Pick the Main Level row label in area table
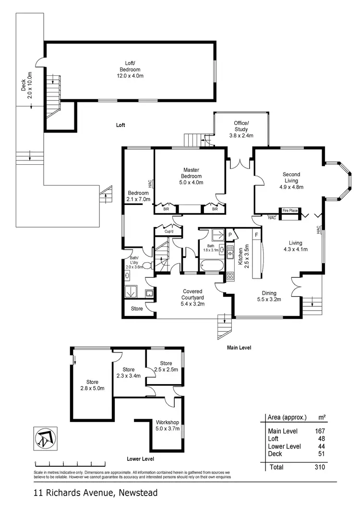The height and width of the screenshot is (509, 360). point(283,431)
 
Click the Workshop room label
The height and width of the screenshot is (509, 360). point(168,425)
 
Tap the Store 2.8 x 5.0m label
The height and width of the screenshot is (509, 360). point(92,385)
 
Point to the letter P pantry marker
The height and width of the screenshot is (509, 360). point(230,235)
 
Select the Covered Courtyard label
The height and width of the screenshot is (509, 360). point(192,297)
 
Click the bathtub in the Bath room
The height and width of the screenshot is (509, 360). point(210,264)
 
